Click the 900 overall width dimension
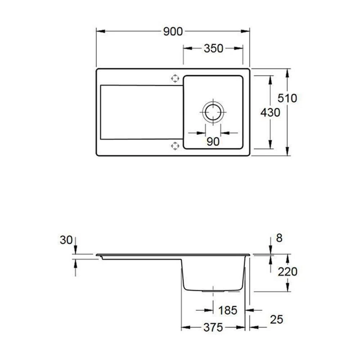tap(173, 31)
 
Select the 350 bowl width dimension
tap(213, 49)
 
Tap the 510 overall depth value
tap(287, 98)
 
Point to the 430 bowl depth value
tap(270, 112)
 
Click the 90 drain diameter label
tap(213, 141)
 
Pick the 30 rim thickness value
tap(66, 240)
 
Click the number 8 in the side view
tap(279, 238)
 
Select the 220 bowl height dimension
tap(287, 272)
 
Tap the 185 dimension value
tap(228, 310)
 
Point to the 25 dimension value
tap(276, 320)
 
